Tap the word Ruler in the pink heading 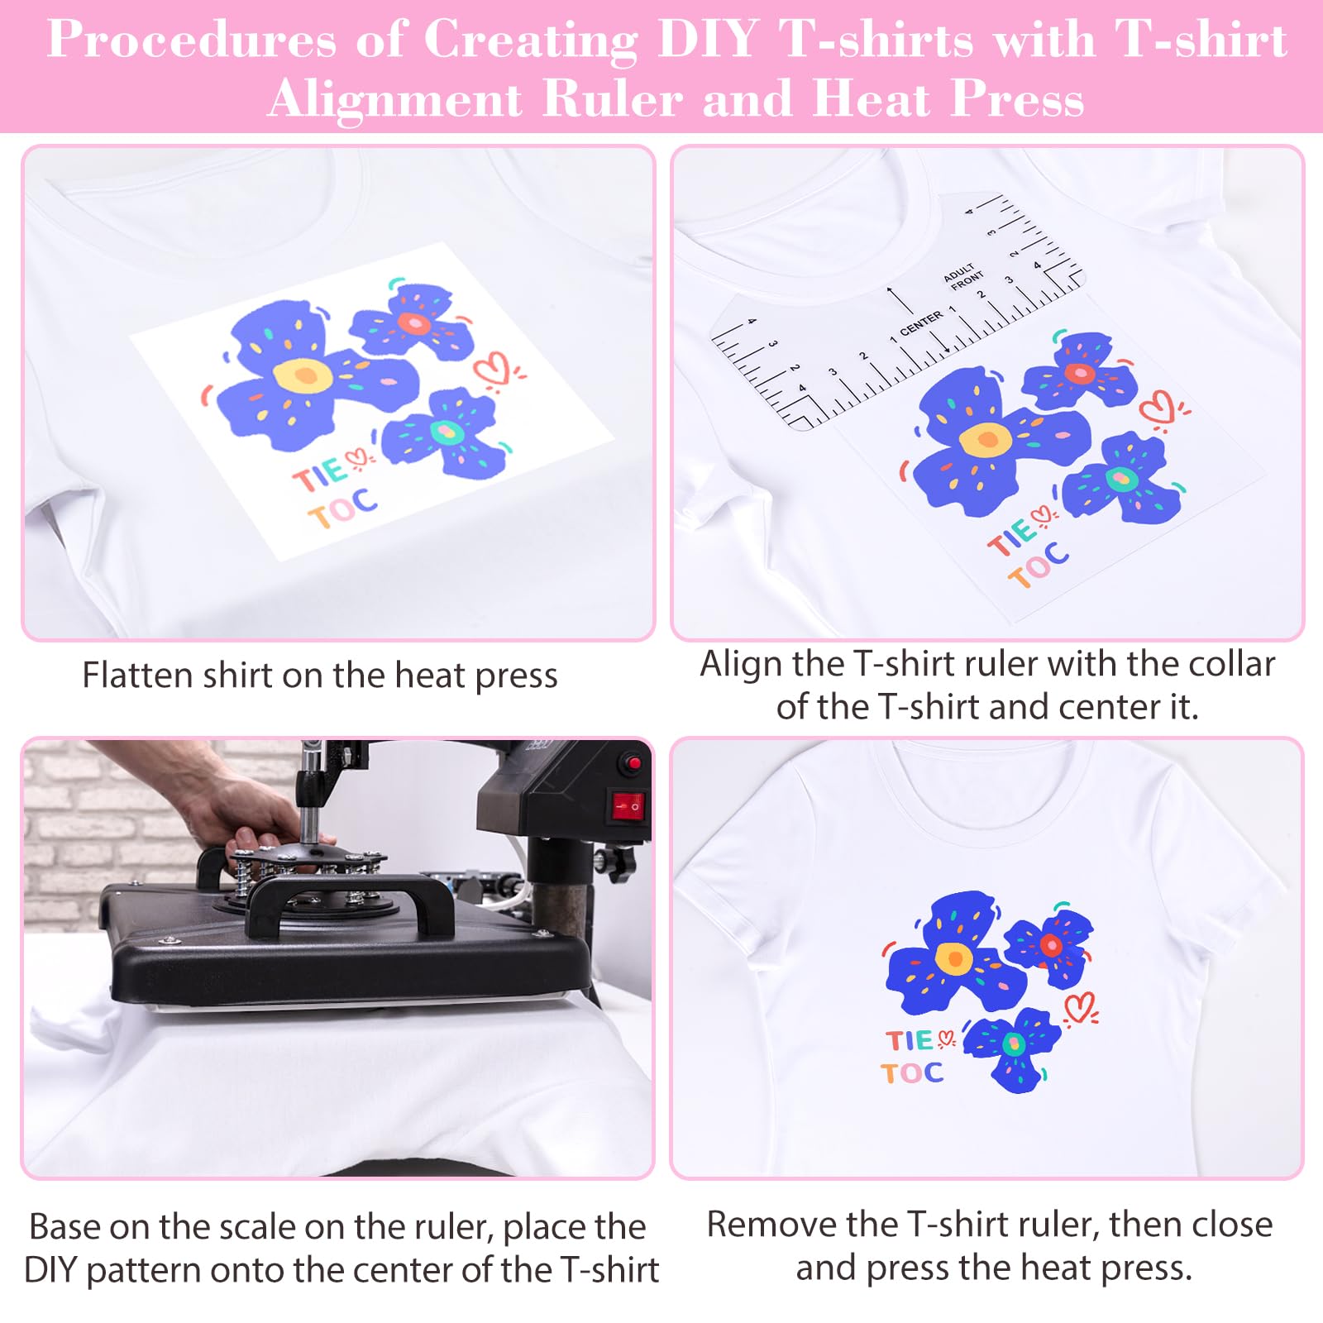(x=613, y=99)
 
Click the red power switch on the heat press (x=627, y=804)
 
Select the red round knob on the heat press (x=633, y=763)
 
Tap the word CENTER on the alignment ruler (x=920, y=323)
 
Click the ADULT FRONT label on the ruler (x=964, y=278)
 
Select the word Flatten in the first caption (x=136, y=676)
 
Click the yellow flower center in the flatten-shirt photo (x=303, y=375)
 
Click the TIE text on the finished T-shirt (x=910, y=1040)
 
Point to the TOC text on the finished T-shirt (x=912, y=1073)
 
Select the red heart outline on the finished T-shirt (x=1079, y=1007)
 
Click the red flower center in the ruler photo (x=1079, y=373)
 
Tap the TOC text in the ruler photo (x=1039, y=564)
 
